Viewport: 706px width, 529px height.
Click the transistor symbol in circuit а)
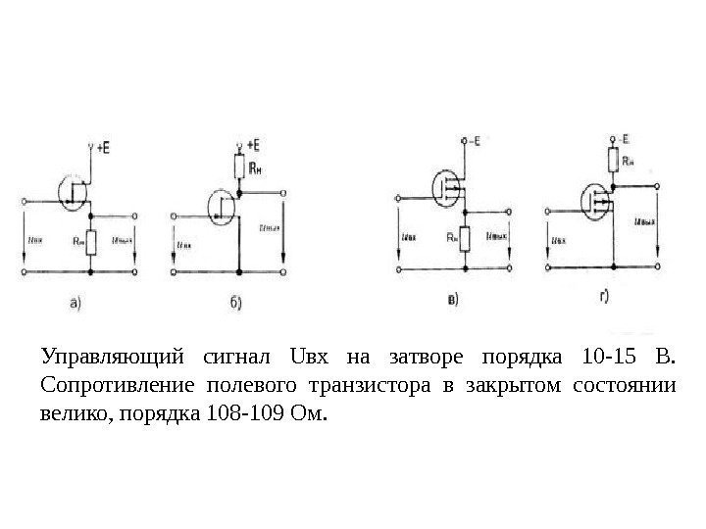pyautogui.click(x=75, y=191)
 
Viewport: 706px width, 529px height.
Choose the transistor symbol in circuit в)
pyautogui.click(x=447, y=187)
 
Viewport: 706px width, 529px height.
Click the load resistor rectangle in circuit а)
pyautogui.click(x=90, y=241)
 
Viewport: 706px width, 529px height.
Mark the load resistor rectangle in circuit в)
pyautogui.click(x=465, y=238)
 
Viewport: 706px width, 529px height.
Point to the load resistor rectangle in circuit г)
pyautogui.click(x=613, y=160)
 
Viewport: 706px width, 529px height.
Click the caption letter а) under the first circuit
pyautogui.click(x=76, y=303)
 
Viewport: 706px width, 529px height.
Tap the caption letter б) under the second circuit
pyautogui.click(x=235, y=303)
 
